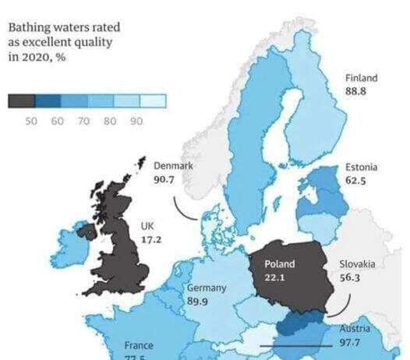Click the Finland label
(361, 78)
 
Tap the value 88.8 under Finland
(355, 90)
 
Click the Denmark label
(173, 166)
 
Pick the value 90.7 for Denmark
(165, 178)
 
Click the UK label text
(147, 227)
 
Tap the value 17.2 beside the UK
(150, 239)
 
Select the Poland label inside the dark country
(279, 265)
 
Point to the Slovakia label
(357, 265)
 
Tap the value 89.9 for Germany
(200, 302)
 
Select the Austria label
(355, 329)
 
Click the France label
(139, 345)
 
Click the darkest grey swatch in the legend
(21, 101)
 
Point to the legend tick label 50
(32, 121)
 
